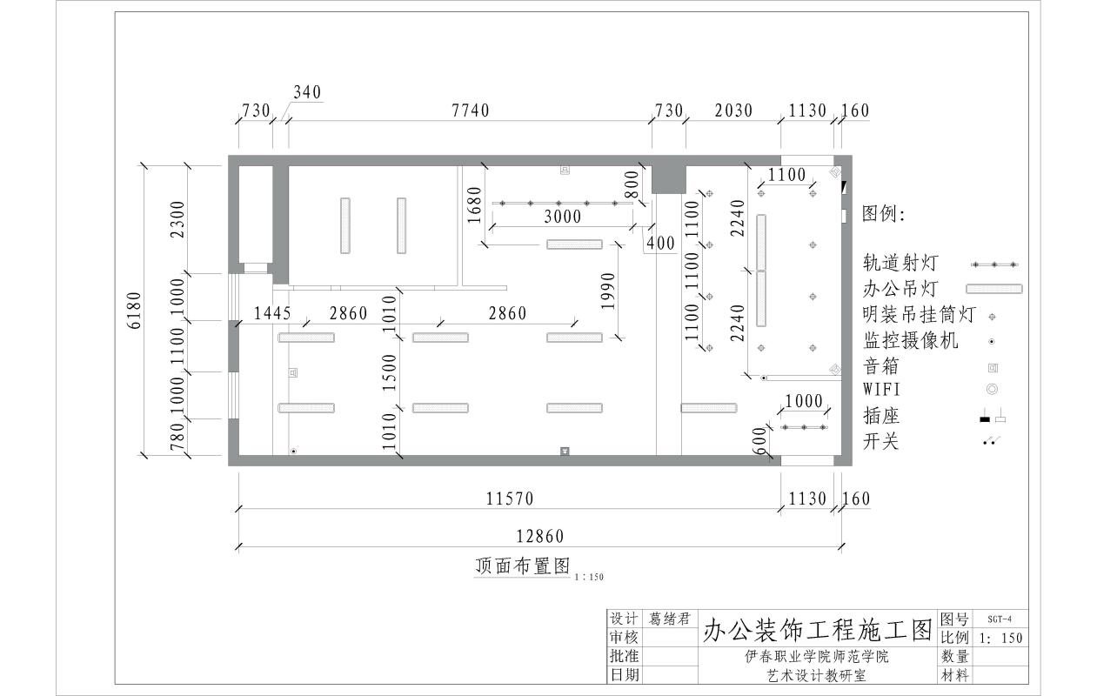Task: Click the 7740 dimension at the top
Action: pyautogui.click(x=471, y=110)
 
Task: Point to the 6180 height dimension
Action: pyautogui.click(x=133, y=310)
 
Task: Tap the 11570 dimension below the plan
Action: pyautogui.click(x=509, y=499)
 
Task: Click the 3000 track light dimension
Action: pyautogui.click(x=563, y=217)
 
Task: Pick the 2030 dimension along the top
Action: pyautogui.click(x=733, y=110)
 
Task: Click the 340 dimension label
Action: pyautogui.click(x=307, y=92)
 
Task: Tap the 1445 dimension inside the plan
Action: pyautogui.click(x=272, y=313)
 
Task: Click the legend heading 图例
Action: pyautogui.click(x=884, y=214)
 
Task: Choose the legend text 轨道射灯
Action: pyautogui.click(x=893, y=263)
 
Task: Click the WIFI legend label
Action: pyautogui.click(x=882, y=390)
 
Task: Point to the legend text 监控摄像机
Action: pyautogui.click(x=910, y=340)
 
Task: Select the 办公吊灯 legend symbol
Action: pyautogui.click(x=994, y=289)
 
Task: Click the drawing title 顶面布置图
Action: pyautogui.click(x=523, y=565)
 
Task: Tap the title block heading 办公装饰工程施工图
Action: pyautogui.click(x=817, y=628)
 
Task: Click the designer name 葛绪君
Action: pyautogui.click(x=669, y=619)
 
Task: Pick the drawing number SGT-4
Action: pyautogui.click(x=1000, y=619)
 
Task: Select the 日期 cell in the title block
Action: pyautogui.click(x=625, y=674)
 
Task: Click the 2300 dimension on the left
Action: pyautogui.click(x=177, y=220)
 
